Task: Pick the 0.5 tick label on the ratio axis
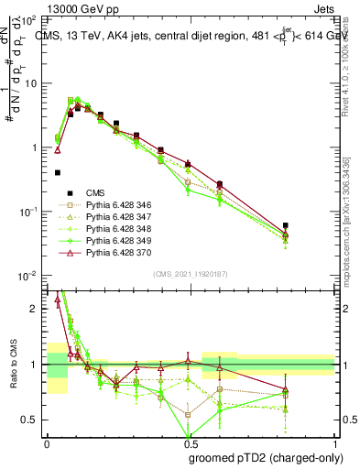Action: pyautogui.click(x=32, y=420)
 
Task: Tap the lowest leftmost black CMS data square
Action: pyautogui.click(x=58, y=172)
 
